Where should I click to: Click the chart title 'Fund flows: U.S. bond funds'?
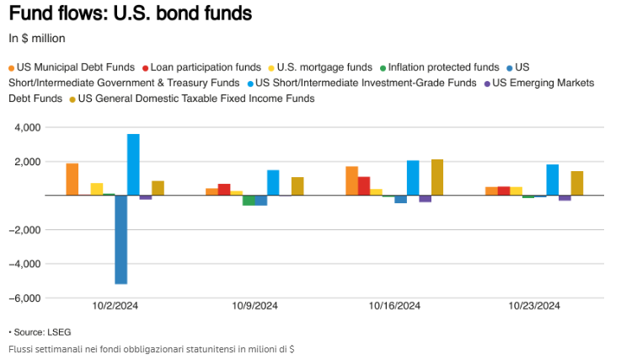pyautogui.click(x=130, y=14)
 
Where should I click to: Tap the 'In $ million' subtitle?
pyautogui.click(x=37, y=38)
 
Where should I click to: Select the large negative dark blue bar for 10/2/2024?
pyautogui.click(x=120, y=239)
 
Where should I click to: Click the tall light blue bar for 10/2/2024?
pyautogui.click(x=133, y=164)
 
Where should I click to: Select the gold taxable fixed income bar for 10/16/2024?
pyautogui.click(x=436, y=178)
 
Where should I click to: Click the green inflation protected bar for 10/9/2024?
pyautogui.click(x=249, y=200)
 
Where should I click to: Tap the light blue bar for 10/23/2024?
pyautogui.click(x=553, y=180)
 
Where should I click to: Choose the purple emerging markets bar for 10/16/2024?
pyautogui.click(x=425, y=199)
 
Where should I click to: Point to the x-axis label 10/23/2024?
pyautogui.click(x=535, y=306)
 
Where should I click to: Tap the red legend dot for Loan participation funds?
pyautogui.click(x=146, y=67)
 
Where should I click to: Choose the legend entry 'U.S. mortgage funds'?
pyautogui.click(x=324, y=67)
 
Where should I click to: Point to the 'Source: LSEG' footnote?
pyautogui.click(x=40, y=332)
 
